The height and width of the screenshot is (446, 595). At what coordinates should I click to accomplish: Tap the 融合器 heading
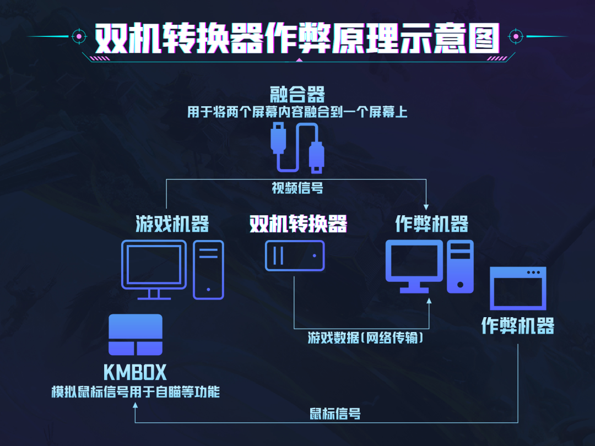pos(297,93)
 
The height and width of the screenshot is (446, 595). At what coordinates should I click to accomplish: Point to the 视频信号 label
pos(297,188)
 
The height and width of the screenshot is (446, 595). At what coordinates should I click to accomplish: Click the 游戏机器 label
pos(172,224)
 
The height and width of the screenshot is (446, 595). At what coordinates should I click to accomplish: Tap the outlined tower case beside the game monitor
pos(208,270)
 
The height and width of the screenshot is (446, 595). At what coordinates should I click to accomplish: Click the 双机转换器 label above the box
pos(298,224)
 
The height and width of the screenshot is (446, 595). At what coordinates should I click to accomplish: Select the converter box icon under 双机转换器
pos(294,255)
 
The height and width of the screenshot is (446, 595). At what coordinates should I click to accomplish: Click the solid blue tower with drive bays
pos(460,266)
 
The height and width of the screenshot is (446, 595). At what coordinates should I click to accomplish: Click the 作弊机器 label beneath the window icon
pos(518,325)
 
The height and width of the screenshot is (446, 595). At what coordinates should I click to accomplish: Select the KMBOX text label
pos(135,373)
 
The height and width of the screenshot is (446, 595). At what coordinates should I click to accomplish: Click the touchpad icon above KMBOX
pos(136,335)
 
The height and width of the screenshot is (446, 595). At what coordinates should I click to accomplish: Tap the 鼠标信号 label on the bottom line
pos(336,414)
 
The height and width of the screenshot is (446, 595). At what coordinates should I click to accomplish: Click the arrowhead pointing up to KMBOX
pos(135,405)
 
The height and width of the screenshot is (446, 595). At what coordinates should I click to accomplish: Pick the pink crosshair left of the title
pos(79,36)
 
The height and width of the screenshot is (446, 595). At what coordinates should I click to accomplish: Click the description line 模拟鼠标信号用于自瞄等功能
pos(135,392)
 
